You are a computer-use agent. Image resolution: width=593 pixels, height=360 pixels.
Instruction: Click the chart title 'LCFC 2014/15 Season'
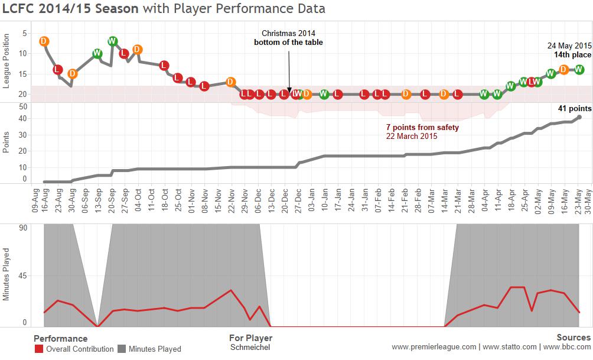pos(71,9)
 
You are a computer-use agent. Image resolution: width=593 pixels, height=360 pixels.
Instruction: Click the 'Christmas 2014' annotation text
pos(289,34)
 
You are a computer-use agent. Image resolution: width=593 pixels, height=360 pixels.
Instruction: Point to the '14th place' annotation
pos(572,54)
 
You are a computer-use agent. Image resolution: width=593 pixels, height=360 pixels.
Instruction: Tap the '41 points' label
pos(575,109)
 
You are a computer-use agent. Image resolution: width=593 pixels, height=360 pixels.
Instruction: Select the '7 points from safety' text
pos(422,127)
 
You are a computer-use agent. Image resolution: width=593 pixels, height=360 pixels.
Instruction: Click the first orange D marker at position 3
pos(44,41)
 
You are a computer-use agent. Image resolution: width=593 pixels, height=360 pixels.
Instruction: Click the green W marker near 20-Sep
pos(112,41)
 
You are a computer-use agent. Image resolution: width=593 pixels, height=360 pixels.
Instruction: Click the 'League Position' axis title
pos(6,61)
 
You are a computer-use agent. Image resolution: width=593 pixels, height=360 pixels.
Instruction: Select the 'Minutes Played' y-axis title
pos(6,275)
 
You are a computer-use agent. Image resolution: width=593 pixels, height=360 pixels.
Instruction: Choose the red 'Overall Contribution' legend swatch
pos(39,349)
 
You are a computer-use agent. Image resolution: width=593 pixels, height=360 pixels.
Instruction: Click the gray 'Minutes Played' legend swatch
pos(122,349)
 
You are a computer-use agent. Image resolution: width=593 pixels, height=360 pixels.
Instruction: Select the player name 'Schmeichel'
pos(250,348)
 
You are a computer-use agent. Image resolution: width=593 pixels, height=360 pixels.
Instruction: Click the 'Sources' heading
pos(574,338)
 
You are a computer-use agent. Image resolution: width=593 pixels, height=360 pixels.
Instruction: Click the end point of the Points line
pos(579,117)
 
